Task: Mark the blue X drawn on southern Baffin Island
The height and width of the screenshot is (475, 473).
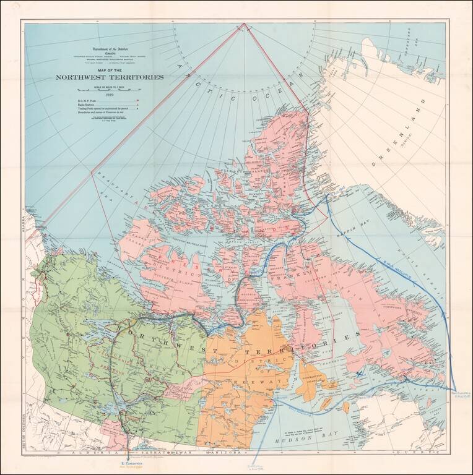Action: point(362,373)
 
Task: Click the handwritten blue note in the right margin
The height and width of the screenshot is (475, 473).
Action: point(459,393)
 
